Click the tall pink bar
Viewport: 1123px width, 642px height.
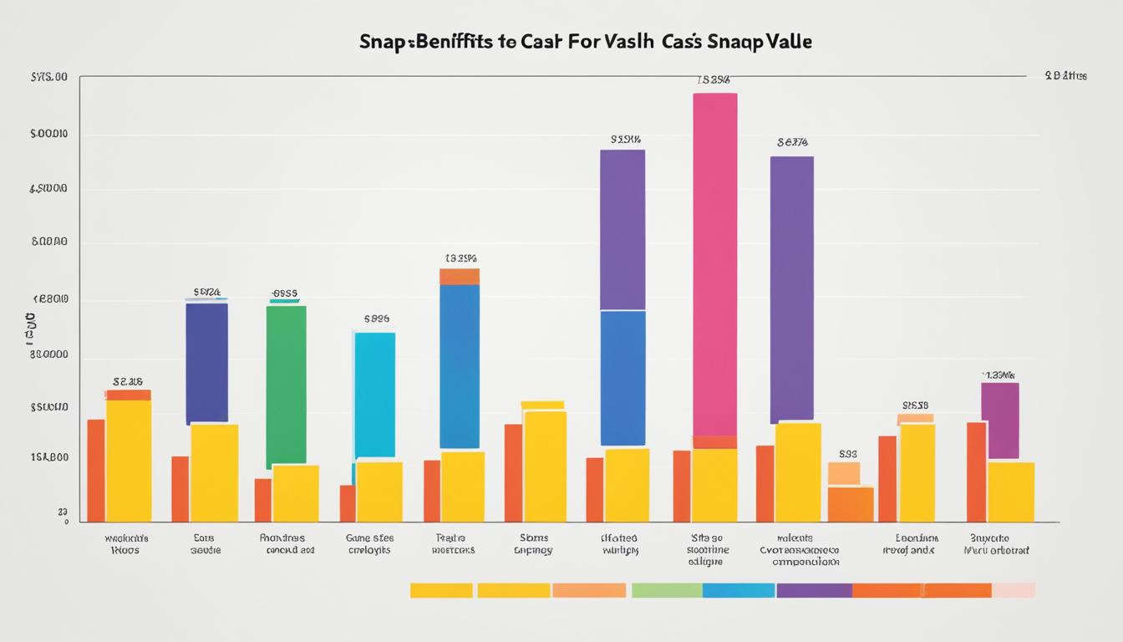pyautogui.click(x=715, y=263)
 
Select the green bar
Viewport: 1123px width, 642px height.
pyautogui.click(x=286, y=385)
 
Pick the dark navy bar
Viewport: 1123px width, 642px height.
pyautogui.click(x=206, y=363)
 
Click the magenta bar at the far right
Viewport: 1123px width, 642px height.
pyautogui.click(x=999, y=420)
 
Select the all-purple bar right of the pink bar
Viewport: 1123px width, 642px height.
pyautogui.click(x=791, y=288)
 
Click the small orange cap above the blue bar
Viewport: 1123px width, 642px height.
pyautogui.click(x=460, y=277)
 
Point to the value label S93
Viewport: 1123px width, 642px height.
pyautogui.click(x=848, y=454)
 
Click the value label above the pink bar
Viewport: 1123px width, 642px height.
pyautogui.click(x=714, y=80)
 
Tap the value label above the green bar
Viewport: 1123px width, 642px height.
pyautogui.click(x=285, y=293)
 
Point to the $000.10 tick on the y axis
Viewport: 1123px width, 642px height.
pyautogui.click(x=48, y=134)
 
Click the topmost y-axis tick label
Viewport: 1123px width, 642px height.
pyautogui.click(x=48, y=77)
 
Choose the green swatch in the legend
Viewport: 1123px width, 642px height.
pyautogui.click(x=667, y=590)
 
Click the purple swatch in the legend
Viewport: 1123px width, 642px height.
pyautogui.click(x=814, y=590)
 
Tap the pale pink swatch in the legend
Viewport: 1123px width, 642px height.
pyautogui.click(x=1014, y=590)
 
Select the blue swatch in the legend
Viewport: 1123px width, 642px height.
pyautogui.click(x=739, y=590)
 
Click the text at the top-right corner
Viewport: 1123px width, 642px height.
pyautogui.click(x=1065, y=75)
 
